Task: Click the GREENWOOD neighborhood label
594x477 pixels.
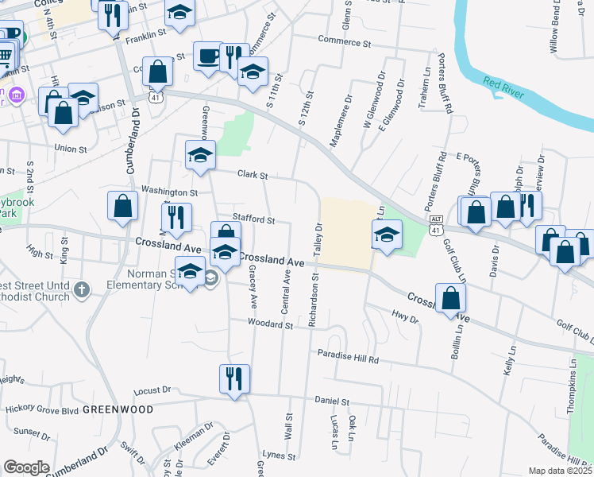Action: pyautogui.click(x=118, y=409)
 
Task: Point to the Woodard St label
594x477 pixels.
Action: pyautogui.click(x=270, y=324)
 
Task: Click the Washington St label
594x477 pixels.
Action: pyautogui.click(x=169, y=192)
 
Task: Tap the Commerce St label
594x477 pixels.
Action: pyautogui.click(x=345, y=41)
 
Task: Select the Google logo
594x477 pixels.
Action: pyautogui.click(x=27, y=467)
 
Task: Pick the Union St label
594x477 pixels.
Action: pyautogui.click(x=71, y=148)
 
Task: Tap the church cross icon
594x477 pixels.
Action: pyautogui.click(x=81, y=292)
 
